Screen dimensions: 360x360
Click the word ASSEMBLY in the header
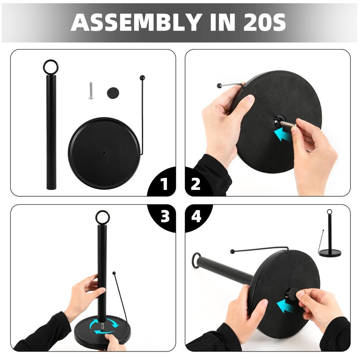click(135, 22)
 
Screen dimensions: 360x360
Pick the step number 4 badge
click(196, 216)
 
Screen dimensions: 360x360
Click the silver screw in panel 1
click(91, 91)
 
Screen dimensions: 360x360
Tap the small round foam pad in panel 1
click(113, 93)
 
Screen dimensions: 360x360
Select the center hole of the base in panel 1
click(104, 153)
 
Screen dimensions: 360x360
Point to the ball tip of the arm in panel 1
click(142, 77)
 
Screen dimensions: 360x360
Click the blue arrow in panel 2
click(283, 134)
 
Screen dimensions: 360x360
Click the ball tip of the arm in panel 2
click(220, 85)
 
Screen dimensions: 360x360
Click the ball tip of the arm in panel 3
click(114, 273)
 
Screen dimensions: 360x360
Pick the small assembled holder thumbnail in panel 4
click(330, 233)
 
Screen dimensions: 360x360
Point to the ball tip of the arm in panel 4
click(233, 252)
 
